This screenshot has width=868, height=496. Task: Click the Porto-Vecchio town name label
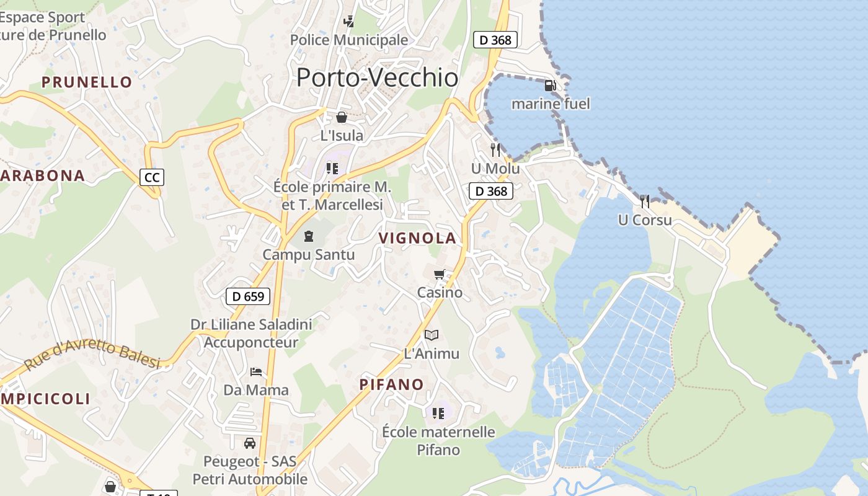377,77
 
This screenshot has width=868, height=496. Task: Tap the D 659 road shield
248,296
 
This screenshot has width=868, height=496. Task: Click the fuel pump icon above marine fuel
550,86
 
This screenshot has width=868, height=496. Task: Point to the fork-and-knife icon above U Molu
495,150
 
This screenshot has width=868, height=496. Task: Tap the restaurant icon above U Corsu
645,201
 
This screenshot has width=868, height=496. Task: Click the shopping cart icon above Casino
440,274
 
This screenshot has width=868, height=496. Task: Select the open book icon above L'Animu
432,335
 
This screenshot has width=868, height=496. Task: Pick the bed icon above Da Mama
256,372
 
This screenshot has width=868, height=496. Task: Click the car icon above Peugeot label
250,443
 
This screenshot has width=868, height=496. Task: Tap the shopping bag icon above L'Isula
342,117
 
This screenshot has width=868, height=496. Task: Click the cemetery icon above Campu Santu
308,236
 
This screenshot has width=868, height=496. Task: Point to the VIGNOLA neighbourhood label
417,238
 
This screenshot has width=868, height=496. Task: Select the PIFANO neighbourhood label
392,384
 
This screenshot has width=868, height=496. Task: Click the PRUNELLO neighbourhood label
87,82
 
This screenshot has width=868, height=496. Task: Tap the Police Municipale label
349,40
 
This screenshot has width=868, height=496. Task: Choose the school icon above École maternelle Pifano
438,413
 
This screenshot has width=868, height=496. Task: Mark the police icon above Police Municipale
349,22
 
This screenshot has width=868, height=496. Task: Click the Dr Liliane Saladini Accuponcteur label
251,333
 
